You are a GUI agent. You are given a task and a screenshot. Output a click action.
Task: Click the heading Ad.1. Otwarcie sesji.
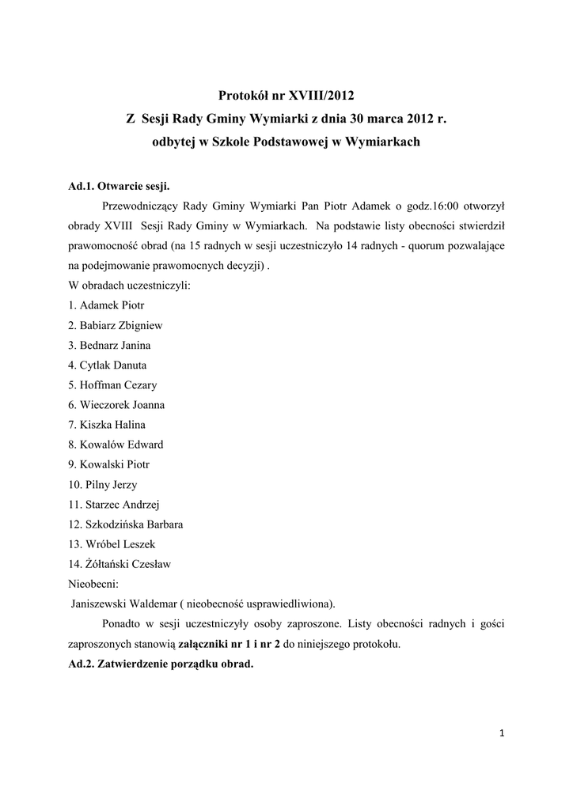[119, 187]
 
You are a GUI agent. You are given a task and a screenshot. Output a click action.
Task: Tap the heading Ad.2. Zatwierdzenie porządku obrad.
[161, 664]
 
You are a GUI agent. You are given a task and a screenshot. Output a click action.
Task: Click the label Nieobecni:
[93, 584]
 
